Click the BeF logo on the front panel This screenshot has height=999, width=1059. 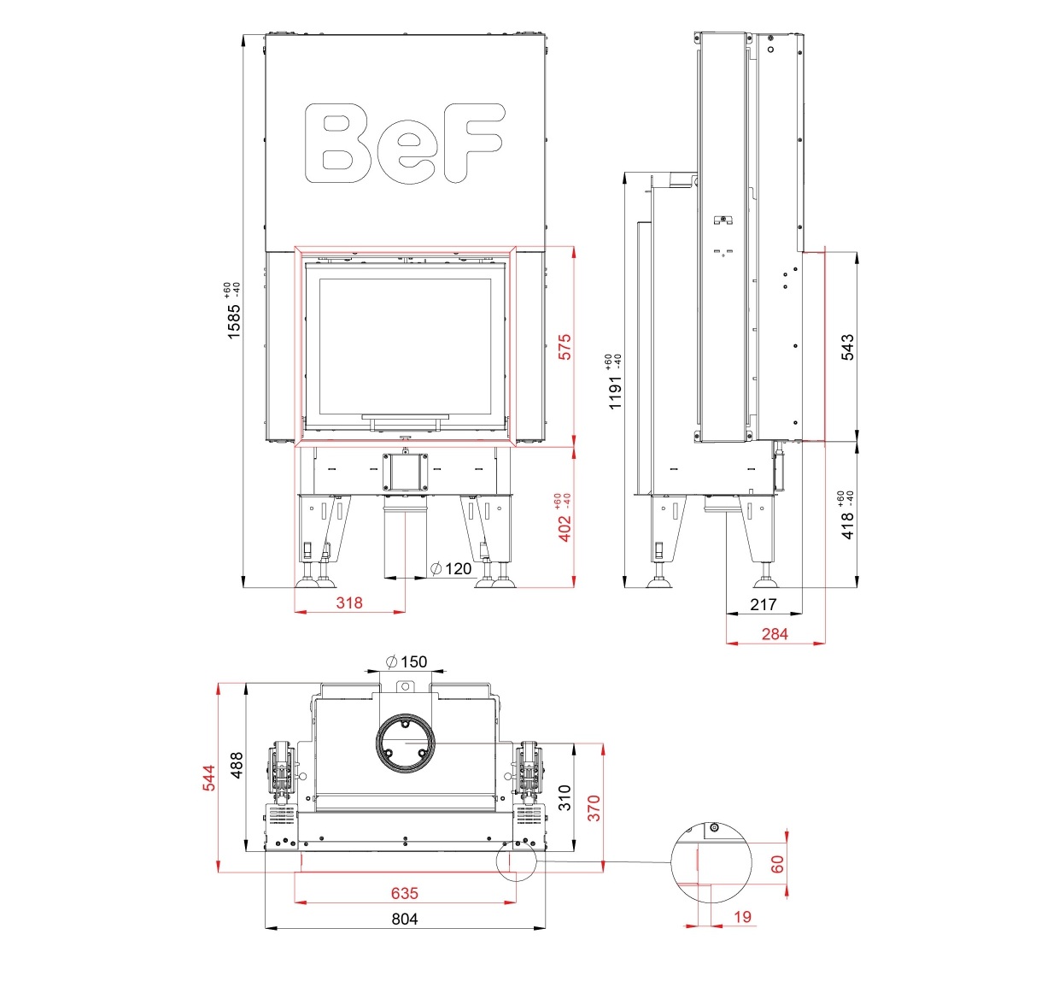[x=405, y=143]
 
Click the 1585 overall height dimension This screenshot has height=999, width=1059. [x=234, y=320]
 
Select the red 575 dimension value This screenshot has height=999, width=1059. [x=565, y=346]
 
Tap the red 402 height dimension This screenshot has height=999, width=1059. [x=565, y=527]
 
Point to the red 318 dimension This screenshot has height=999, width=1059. [x=349, y=602]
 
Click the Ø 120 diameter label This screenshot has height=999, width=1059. [x=452, y=568]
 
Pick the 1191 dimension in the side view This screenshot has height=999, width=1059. [x=616, y=391]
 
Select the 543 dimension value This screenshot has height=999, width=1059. [x=847, y=347]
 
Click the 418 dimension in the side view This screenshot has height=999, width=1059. [x=847, y=525]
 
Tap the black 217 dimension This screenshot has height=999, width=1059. [x=764, y=604]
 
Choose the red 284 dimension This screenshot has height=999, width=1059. [x=775, y=634]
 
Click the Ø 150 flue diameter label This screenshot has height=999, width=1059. [x=407, y=661]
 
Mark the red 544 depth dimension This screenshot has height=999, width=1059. [x=209, y=778]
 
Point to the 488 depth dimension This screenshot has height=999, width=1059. [x=237, y=764]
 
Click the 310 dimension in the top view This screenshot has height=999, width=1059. [x=565, y=797]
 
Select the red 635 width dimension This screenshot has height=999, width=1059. [x=405, y=893]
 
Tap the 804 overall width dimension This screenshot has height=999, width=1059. [x=405, y=919]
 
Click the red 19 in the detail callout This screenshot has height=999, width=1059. [x=743, y=916]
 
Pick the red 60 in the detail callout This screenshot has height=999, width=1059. [x=777, y=864]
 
